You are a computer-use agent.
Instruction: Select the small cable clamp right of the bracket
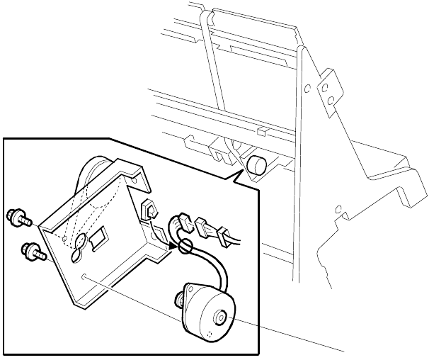point(149,210)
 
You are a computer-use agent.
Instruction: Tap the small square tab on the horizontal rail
point(261,131)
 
